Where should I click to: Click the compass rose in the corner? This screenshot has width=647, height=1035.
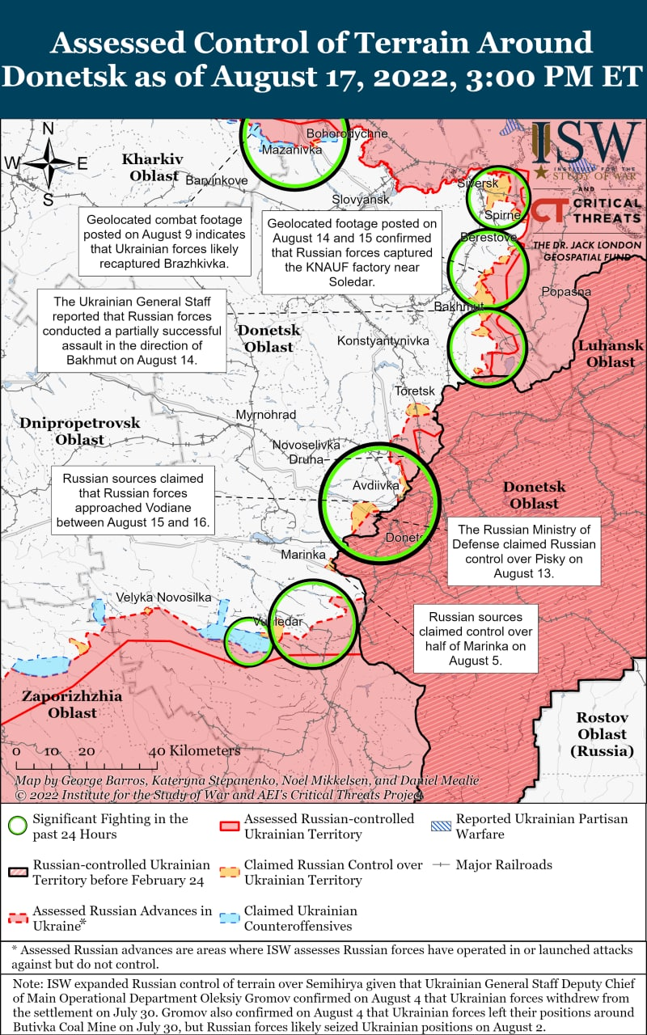click(x=49, y=163)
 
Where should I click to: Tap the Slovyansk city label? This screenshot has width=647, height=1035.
click(x=361, y=199)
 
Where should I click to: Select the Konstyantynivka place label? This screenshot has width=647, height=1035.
click(x=383, y=341)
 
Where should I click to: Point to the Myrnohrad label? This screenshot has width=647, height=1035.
click(x=266, y=415)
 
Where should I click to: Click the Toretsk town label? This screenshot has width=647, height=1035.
click(x=414, y=391)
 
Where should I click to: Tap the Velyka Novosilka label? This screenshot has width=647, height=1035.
click(x=163, y=597)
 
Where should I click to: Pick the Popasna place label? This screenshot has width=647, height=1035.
click(x=566, y=292)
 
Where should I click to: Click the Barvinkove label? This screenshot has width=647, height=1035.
click(x=217, y=180)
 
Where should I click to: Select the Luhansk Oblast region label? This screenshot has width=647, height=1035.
click(x=611, y=353)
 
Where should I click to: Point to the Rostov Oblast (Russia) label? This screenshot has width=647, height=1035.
click(x=602, y=734)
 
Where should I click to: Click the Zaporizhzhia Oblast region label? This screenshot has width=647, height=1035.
click(x=72, y=704)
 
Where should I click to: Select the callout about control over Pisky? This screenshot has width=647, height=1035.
click(x=523, y=551)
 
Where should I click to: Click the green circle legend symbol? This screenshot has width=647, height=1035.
click(x=16, y=826)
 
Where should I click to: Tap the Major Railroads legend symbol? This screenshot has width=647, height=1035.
click(x=440, y=864)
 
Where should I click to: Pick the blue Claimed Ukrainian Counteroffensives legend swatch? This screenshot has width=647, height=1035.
click(x=230, y=918)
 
